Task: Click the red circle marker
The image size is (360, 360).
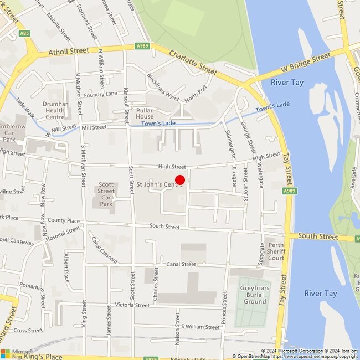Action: [180, 179]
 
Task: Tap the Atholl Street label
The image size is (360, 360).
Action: [69, 50]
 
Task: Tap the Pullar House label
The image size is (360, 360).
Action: [145, 114]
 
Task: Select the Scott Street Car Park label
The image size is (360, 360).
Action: [106, 194]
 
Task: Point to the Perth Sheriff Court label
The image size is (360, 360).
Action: [276, 251]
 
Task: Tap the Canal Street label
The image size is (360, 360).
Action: [182, 264]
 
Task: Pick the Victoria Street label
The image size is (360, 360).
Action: [132, 305]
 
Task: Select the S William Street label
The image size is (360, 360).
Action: [200, 327]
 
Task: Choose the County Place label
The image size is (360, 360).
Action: [64, 220]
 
